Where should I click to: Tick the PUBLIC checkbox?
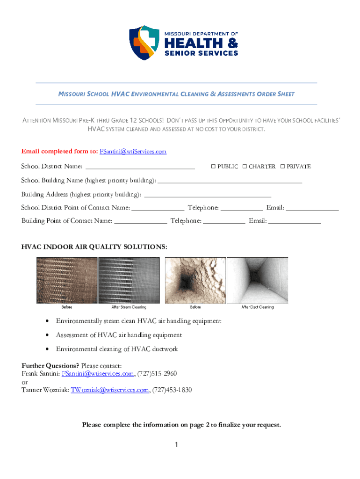(x=213, y=167)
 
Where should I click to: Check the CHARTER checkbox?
(x=245, y=167)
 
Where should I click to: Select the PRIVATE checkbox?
(x=282, y=167)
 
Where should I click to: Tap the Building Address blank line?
(x=208, y=194)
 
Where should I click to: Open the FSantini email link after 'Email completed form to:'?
(x=133, y=152)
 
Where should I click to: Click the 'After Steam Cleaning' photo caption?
(x=129, y=307)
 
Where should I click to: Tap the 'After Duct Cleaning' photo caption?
(x=258, y=307)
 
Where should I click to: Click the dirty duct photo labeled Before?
(x=195, y=280)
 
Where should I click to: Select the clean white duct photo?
(x=258, y=280)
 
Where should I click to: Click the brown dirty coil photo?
(x=67, y=280)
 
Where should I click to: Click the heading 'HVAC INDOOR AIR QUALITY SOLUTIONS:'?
(x=94, y=247)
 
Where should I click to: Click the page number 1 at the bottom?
(x=177, y=445)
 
